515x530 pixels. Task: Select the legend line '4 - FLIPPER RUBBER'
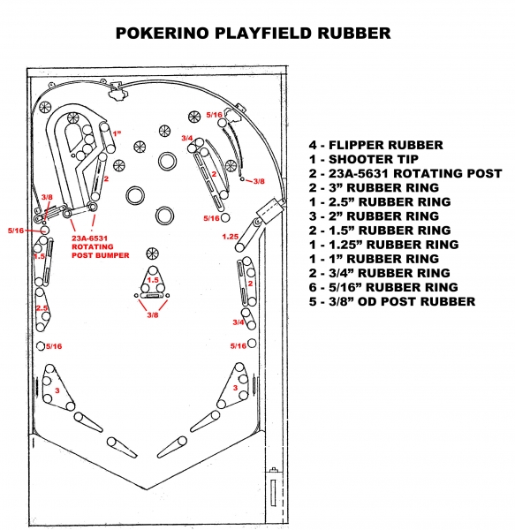pyautogui.click(x=375, y=145)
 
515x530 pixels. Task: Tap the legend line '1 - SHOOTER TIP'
pyautogui.click(x=364, y=159)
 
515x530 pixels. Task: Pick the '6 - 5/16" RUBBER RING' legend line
pyautogui.click(x=383, y=287)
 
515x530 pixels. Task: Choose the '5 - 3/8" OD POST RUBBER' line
pyautogui.click(x=392, y=301)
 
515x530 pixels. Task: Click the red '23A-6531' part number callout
pyautogui.click(x=89, y=238)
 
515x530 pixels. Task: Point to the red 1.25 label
pyautogui.click(x=231, y=237)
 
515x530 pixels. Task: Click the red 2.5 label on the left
pyautogui.click(x=42, y=308)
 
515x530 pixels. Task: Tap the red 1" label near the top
pyautogui.click(x=117, y=133)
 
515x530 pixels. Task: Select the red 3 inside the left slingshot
pyautogui.click(x=57, y=390)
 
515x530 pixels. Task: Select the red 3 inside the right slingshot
pyautogui.click(x=235, y=388)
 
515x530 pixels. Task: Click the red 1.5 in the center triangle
pyautogui.click(x=153, y=280)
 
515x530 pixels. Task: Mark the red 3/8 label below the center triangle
pyautogui.click(x=153, y=315)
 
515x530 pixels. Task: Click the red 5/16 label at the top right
pyautogui.click(x=215, y=115)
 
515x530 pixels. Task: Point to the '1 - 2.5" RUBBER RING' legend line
pyautogui.click(x=380, y=201)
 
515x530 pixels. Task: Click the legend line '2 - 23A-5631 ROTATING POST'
pyautogui.click(x=405, y=173)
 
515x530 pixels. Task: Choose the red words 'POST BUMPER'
pyautogui.click(x=101, y=255)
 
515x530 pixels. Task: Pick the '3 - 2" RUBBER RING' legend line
pyautogui.click(x=374, y=216)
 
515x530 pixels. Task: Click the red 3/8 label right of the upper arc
pyautogui.click(x=259, y=181)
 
